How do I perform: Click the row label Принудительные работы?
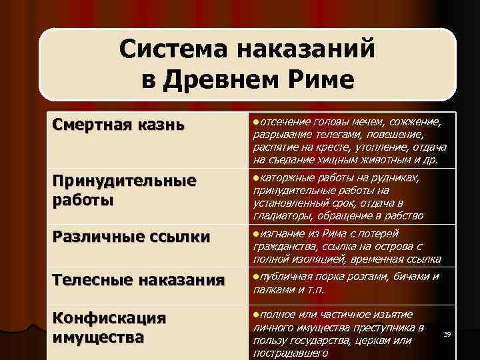point(124,190)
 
